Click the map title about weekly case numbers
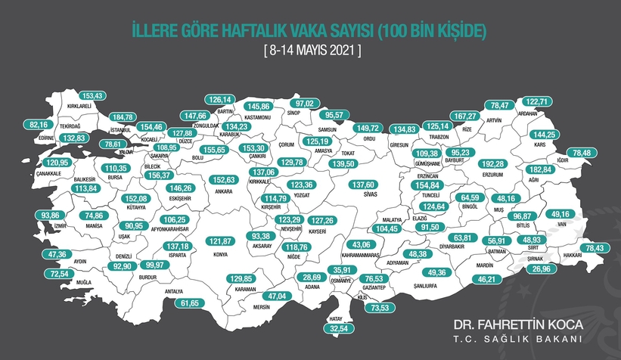point(310,31)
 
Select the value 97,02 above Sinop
point(309,103)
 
